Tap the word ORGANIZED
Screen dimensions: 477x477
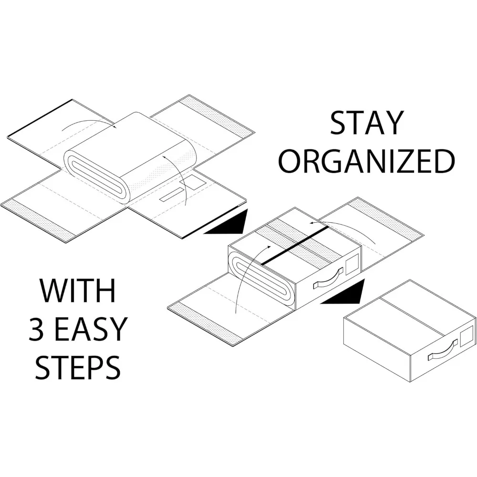pyautogui.click(x=366, y=162)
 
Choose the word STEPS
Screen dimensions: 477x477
pyautogui.click(x=78, y=365)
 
